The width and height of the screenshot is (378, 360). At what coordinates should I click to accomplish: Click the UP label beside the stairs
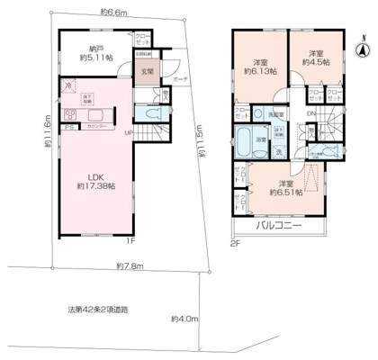click(x=130, y=134)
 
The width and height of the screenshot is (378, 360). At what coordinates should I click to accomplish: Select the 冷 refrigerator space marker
click(x=69, y=85)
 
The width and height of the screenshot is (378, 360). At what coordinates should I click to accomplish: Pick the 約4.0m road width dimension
click(x=184, y=319)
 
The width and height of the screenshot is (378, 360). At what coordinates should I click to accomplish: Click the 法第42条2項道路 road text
click(x=98, y=308)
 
